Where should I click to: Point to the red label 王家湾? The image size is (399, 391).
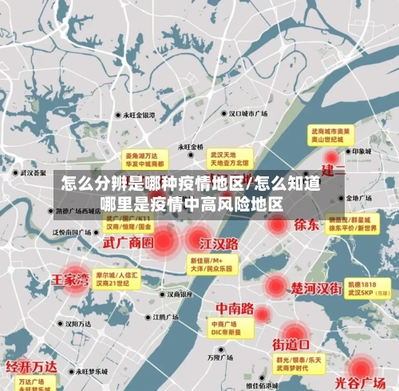point(71,279)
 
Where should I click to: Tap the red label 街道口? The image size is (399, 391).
point(291,345)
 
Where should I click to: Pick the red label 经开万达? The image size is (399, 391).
point(31,366)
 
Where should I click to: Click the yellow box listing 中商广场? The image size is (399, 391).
point(228,328)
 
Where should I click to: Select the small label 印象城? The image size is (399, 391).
point(363,150)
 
